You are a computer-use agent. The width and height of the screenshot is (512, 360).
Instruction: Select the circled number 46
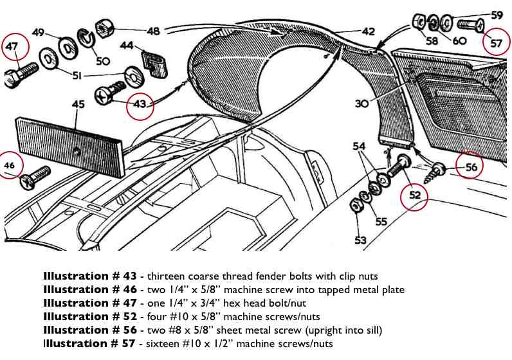coord(10,165)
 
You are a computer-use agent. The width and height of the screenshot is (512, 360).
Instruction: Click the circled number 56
coord(471,167)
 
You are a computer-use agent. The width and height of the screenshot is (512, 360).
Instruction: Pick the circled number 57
coord(497,43)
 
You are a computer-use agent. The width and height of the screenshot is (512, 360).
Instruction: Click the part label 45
coord(78,104)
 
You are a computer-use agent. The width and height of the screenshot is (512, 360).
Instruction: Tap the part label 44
coord(127,46)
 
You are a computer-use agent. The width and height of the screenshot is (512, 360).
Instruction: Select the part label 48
coord(153,30)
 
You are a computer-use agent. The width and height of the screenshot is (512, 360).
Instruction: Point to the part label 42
coord(367,30)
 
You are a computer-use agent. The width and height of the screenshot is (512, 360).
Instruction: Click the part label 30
coord(361,104)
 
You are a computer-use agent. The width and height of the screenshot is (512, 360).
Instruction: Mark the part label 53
coord(360,240)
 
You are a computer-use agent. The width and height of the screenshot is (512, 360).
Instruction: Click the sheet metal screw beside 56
coord(435,170)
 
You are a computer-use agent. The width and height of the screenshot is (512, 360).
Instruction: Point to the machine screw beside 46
coord(36,177)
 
